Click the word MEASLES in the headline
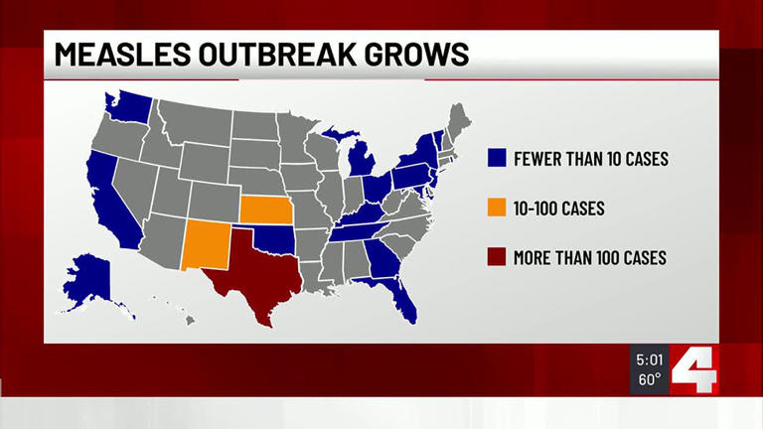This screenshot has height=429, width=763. (x=120, y=54)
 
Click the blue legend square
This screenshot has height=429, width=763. (x=497, y=158)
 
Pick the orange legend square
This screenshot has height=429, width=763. (x=497, y=208)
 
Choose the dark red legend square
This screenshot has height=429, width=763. (x=497, y=257)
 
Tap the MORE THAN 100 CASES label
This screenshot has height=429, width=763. (x=589, y=257)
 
